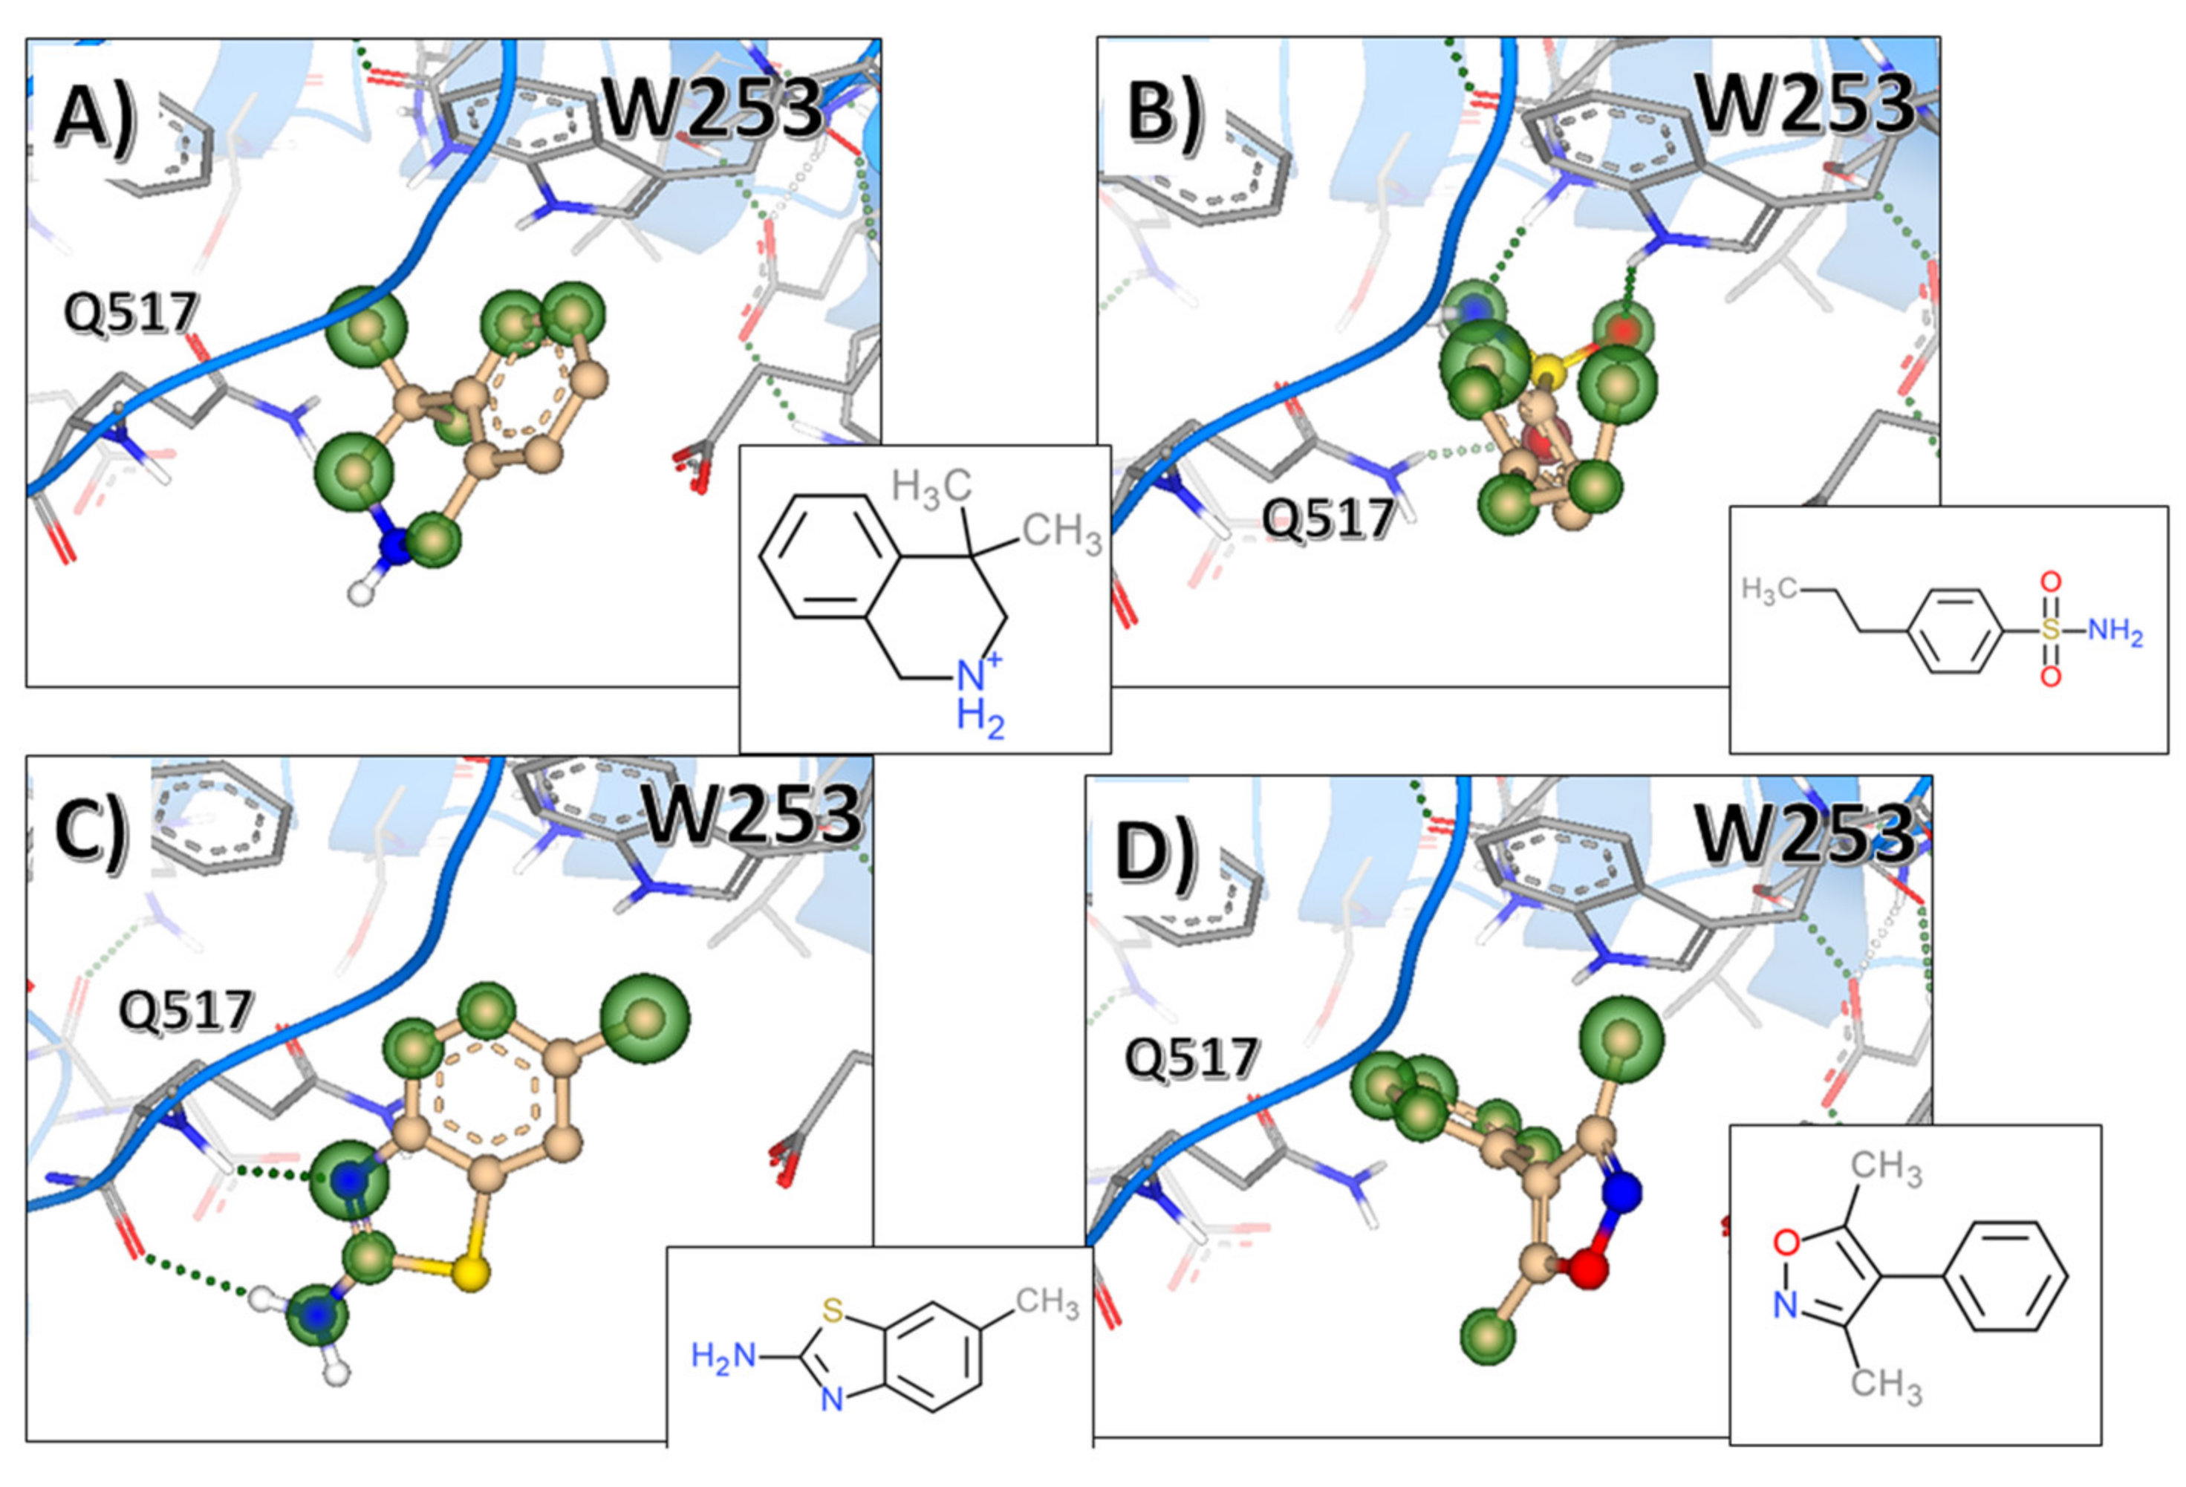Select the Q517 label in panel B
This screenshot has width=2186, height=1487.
point(1327,518)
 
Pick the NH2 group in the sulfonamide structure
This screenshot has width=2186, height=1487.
point(2115,631)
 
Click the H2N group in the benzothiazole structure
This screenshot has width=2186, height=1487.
point(723,1356)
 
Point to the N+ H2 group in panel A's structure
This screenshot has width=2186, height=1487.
point(979,696)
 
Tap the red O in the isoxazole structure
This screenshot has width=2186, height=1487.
point(1786,1243)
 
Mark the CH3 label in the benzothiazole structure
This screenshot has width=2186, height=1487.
point(1046,1303)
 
